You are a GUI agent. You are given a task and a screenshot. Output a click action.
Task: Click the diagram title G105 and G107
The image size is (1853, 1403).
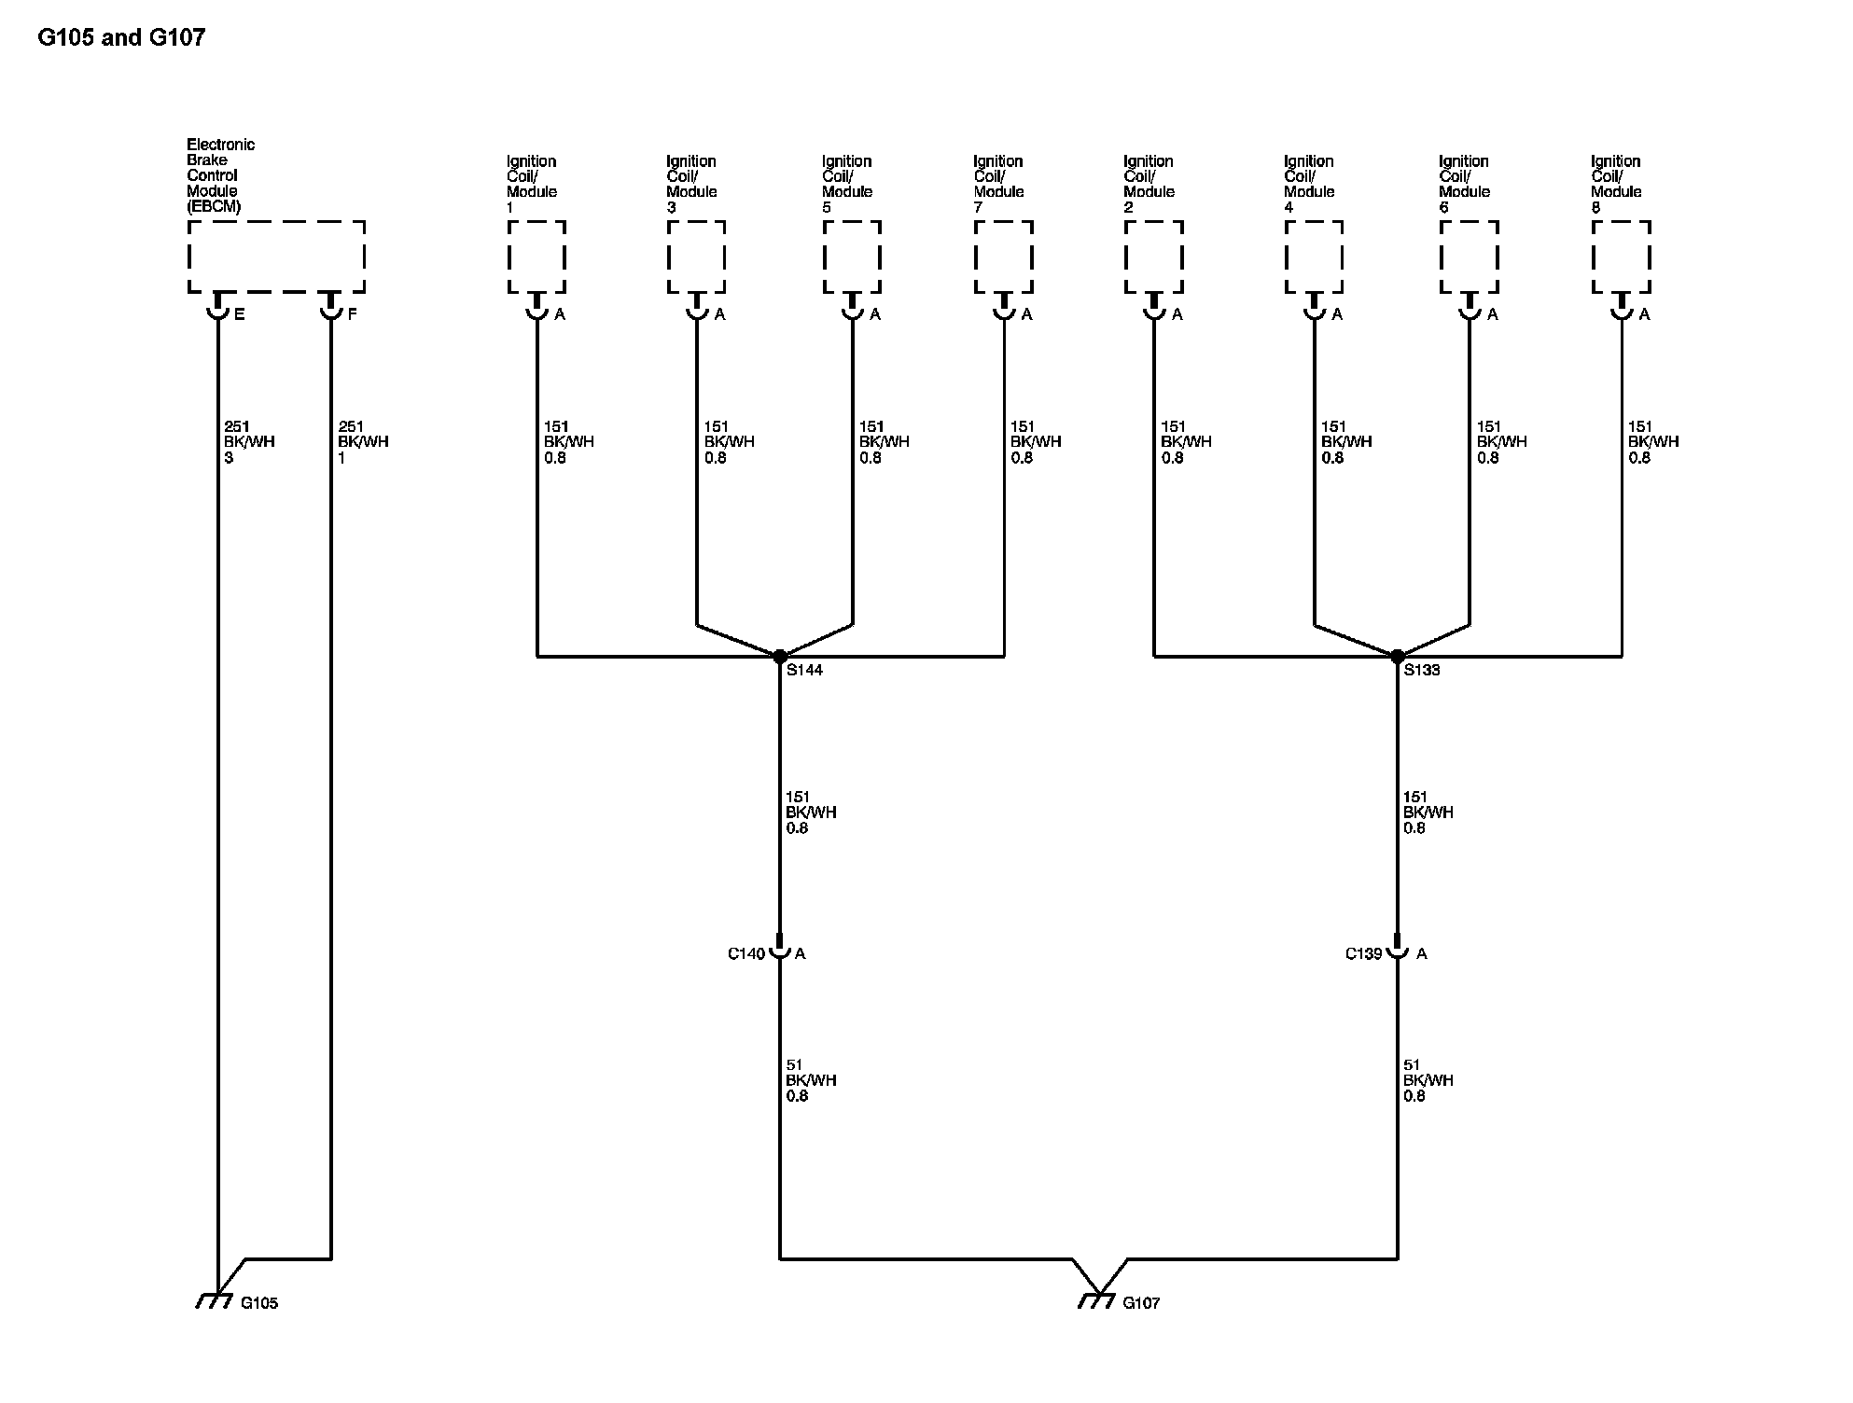tap(121, 37)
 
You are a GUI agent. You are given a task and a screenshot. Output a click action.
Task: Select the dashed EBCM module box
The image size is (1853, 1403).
tap(276, 257)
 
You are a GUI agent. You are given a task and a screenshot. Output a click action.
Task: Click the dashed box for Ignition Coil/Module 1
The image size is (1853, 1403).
tap(536, 257)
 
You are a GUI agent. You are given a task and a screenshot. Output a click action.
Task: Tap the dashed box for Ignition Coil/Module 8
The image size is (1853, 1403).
tap(1622, 257)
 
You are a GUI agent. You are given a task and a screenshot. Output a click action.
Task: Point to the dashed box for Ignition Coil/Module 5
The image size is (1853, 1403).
tap(852, 257)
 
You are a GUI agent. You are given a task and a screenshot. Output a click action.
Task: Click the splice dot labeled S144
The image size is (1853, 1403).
tap(780, 657)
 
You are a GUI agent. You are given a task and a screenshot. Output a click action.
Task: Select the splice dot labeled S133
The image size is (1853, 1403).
tap(1398, 657)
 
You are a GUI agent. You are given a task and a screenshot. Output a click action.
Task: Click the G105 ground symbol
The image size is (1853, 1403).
tap(215, 1300)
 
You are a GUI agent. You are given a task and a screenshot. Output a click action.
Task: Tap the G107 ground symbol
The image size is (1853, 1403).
tap(1097, 1300)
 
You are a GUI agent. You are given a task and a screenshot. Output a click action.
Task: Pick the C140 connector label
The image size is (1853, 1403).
tap(746, 953)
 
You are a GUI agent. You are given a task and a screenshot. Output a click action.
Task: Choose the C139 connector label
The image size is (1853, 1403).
tap(1363, 953)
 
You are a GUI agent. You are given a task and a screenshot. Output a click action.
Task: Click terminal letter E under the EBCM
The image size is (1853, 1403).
tap(240, 315)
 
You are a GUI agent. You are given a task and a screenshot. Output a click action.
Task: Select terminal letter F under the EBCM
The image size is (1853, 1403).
tap(352, 315)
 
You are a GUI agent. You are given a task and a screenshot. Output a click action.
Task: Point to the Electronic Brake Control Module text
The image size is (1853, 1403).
tap(220, 175)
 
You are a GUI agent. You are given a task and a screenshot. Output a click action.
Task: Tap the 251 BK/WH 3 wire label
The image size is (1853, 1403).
tap(249, 442)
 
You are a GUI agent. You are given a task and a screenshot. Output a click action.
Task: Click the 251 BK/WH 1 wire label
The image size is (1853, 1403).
tap(363, 442)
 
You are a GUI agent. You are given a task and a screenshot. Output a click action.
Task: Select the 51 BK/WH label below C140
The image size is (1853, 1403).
tap(811, 1080)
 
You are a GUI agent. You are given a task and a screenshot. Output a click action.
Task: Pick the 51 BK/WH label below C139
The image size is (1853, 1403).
tap(1428, 1080)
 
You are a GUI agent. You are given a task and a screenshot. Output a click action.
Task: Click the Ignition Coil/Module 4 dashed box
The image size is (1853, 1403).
tap(1314, 257)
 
